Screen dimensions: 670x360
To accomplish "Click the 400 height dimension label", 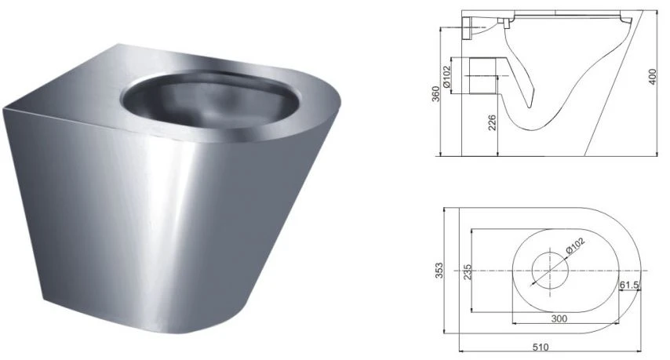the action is pyautogui.click(x=653, y=76).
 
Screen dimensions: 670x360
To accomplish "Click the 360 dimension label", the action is pyautogui.click(x=435, y=93).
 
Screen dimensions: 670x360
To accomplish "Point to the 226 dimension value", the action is pyautogui.click(x=492, y=122).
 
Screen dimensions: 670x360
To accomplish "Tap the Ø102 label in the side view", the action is pyautogui.click(x=447, y=77).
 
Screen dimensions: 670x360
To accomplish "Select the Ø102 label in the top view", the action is pyautogui.click(x=574, y=247).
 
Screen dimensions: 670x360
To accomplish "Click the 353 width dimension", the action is pyautogui.click(x=439, y=271).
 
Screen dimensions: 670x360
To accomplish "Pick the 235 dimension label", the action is pyautogui.click(x=467, y=272).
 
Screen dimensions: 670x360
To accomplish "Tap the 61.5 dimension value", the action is pyautogui.click(x=629, y=285).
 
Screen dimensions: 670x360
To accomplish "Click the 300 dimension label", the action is pyautogui.click(x=559, y=318).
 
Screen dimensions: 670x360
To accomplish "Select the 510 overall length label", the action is pyautogui.click(x=541, y=347).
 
